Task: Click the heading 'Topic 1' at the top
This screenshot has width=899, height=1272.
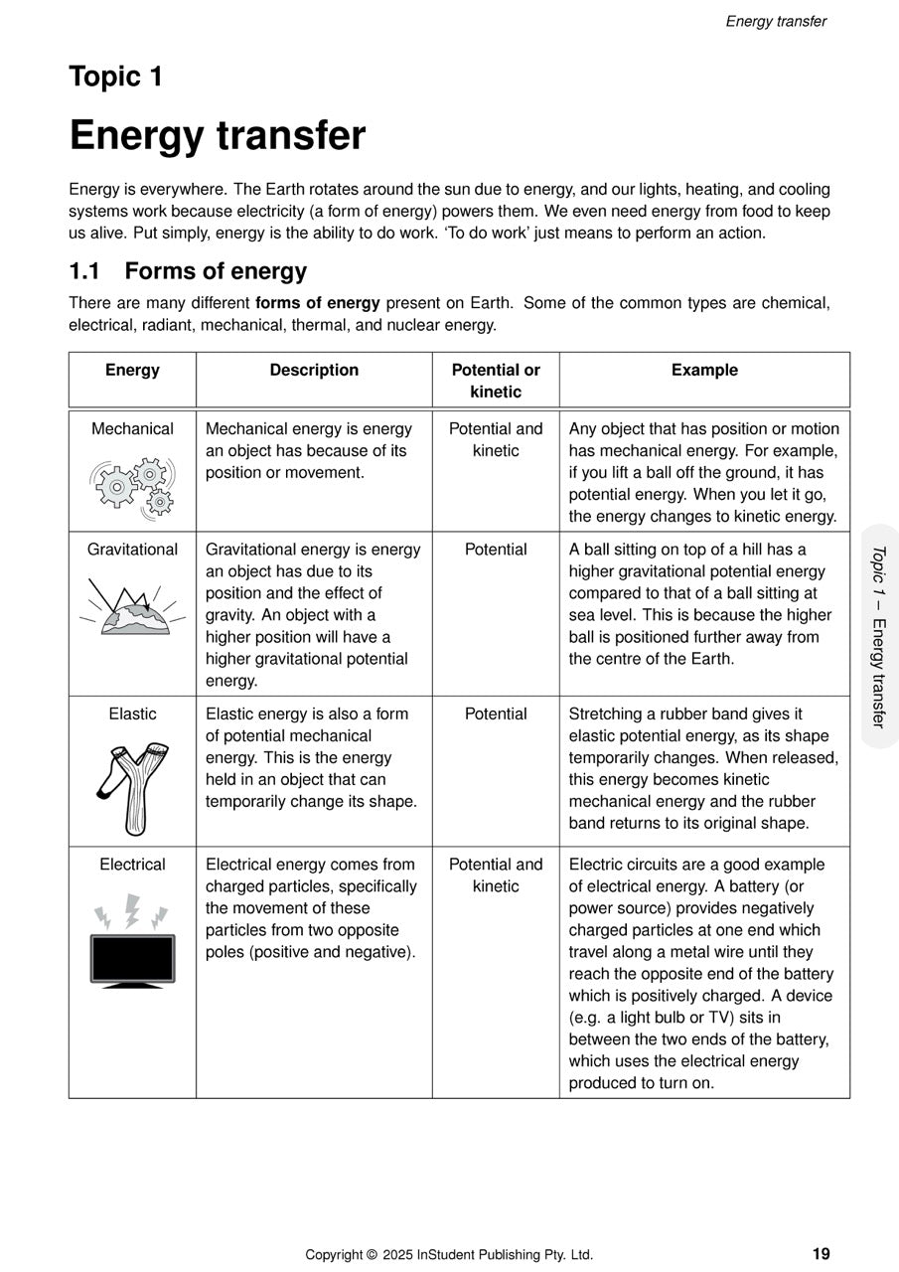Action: pyautogui.click(x=115, y=77)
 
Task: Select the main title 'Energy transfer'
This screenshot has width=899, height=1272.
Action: pyautogui.click(x=217, y=135)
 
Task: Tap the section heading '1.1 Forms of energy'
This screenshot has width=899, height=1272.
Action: pyautogui.click(x=188, y=271)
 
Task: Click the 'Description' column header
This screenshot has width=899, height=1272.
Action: pyautogui.click(x=314, y=370)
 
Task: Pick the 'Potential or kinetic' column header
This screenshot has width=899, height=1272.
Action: pyautogui.click(x=496, y=381)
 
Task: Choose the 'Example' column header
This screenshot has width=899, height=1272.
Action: pyautogui.click(x=704, y=370)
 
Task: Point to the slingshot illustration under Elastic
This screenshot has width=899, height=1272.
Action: pyautogui.click(x=132, y=786)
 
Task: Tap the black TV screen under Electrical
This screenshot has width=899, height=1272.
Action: pyautogui.click(x=132, y=959)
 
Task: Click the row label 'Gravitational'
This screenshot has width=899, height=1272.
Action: pyautogui.click(x=132, y=550)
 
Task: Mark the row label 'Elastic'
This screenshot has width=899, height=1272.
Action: pyautogui.click(x=132, y=714)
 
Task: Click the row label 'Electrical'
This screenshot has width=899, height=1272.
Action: pyautogui.click(x=132, y=865)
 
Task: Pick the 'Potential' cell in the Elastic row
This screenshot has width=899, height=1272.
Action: pyautogui.click(x=496, y=714)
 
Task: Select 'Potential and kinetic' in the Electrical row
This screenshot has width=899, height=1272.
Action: pyautogui.click(x=496, y=875)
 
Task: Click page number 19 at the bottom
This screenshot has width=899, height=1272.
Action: pyautogui.click(x=821, y=1254)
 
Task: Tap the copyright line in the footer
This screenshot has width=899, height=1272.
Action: pyautogui.click(x=449, y=1255)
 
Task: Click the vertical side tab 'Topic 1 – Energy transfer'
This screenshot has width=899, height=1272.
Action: pyautogui.click(x=878, y=636)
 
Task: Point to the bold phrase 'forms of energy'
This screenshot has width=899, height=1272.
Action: pyautogui.click(x=317, y=303)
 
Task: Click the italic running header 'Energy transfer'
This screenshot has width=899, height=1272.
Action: pyautogui.click(x=776, y=21)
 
